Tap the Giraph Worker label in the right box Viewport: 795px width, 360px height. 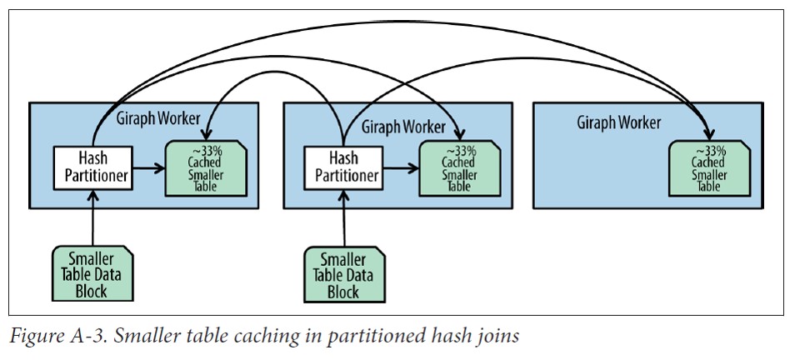[619, 122]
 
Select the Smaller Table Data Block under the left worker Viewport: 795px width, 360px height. [92, 272]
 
